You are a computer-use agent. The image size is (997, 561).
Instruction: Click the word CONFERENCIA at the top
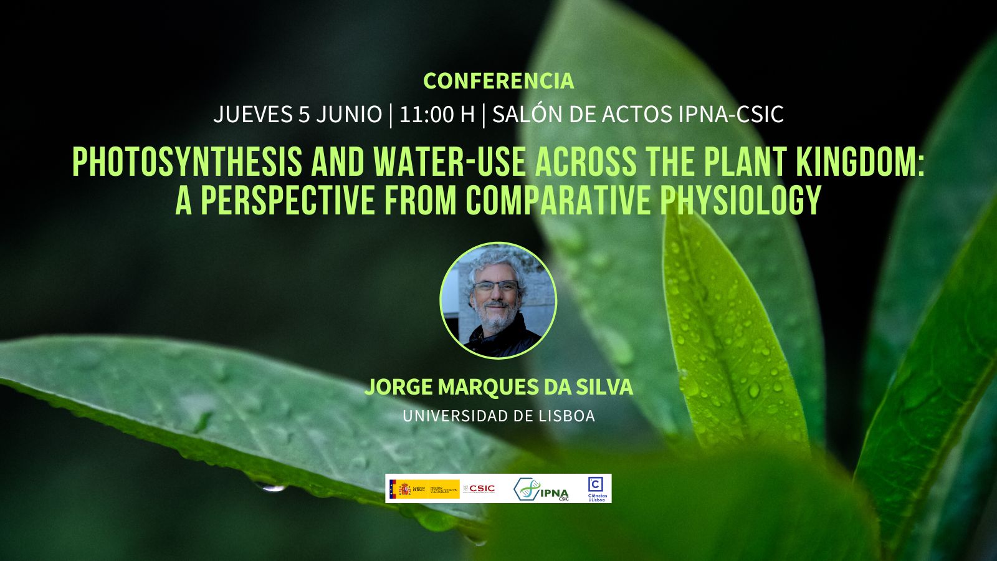tap(499, 81)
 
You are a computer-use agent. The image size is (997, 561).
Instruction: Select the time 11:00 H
tap(437, 115)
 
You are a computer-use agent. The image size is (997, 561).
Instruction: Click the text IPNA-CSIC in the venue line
tap(730, 115)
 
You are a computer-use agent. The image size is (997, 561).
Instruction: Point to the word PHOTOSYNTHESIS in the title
tap(188, 163)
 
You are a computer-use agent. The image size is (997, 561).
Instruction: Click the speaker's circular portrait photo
tap(498, 300)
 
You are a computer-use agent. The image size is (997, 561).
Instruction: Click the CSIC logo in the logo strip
tap(479, 489)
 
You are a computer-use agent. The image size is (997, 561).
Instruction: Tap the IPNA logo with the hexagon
tap(541, 490)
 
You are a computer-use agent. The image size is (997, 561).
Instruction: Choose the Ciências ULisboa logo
tap(596, 489)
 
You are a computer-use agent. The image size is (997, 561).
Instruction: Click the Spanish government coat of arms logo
tap(404, 489)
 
